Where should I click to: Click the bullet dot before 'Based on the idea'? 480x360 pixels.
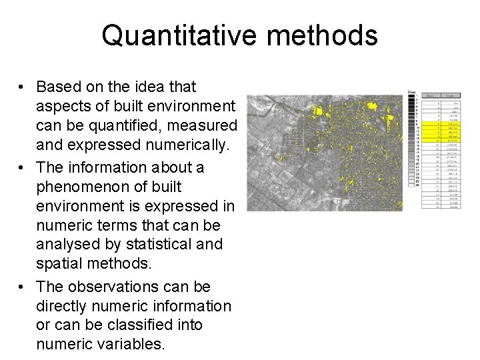point(22,88)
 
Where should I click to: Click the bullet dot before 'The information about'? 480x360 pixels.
point(22,168)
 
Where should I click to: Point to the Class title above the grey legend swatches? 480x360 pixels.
point(411,91)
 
